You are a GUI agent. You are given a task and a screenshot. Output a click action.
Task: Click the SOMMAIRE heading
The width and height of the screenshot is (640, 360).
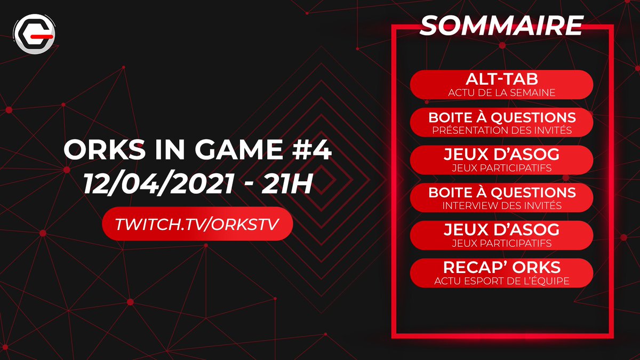click(501, 25)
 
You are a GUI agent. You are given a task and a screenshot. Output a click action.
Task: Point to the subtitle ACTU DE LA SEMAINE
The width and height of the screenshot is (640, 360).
click(501, 93)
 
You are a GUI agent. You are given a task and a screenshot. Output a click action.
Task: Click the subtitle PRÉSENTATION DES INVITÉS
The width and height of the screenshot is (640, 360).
click(501, 130)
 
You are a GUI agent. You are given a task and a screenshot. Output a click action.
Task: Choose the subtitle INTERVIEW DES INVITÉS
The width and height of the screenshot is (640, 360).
click(501, 205)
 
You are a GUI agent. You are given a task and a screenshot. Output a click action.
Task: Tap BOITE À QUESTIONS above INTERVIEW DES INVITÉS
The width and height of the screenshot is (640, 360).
click(501, 193)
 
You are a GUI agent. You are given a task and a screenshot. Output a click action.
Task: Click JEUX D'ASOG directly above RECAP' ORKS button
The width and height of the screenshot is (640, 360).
click(501, 230)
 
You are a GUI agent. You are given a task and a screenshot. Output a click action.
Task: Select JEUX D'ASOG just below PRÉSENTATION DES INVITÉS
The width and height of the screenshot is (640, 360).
click(501, 155)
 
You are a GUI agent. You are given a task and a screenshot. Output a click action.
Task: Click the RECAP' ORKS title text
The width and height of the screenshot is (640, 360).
click(501, 268)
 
